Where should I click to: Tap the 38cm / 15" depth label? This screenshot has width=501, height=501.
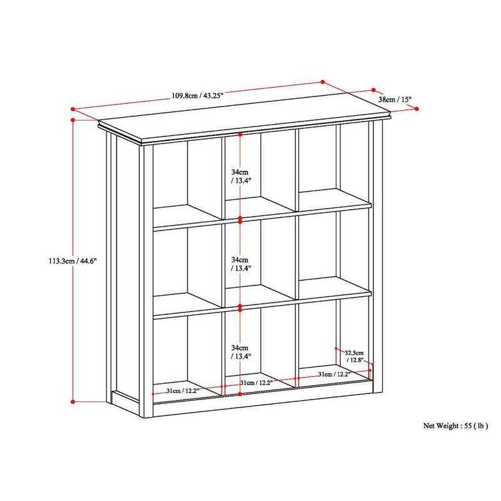tap(395, 99)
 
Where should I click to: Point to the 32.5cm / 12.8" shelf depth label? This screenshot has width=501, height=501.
tap(355, 356)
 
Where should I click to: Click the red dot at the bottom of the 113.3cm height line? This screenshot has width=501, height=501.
tap(74, 401)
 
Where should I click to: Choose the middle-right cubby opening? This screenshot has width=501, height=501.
tap(332, 250)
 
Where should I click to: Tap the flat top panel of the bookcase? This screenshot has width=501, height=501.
tap(238, 122)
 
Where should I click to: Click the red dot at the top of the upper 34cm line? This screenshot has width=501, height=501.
tap(241, 133)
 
